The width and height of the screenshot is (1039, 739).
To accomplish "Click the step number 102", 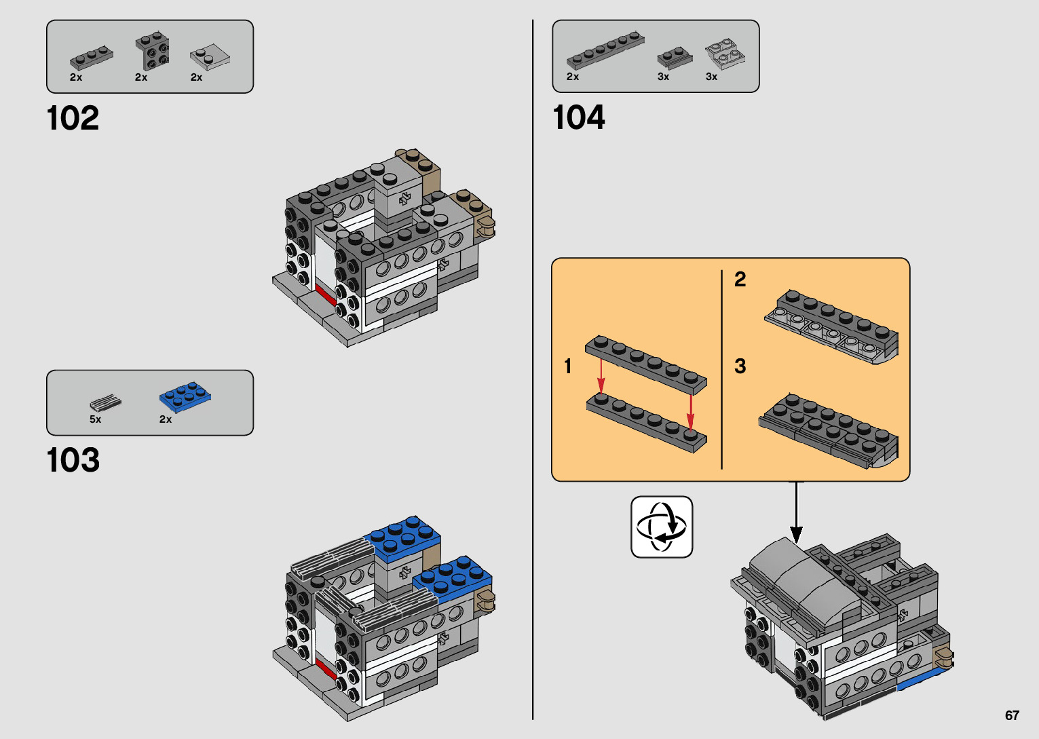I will click(x=73, y=119).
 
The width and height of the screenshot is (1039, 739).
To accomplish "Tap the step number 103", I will click(x=73, y=461).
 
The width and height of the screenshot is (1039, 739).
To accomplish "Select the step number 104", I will click(x=578, y=118).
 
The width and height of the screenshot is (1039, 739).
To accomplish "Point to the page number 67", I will click(x=1012, y=715).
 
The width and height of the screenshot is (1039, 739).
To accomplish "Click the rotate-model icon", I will click(x=662, y=527).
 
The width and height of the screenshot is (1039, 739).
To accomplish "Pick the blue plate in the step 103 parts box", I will click(x=185, y=396).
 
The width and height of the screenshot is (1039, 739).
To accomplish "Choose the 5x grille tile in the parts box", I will click(x=106, y=402).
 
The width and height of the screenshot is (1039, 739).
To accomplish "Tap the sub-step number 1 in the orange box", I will click(x=568, y=366).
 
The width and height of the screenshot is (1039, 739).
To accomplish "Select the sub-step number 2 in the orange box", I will click(x=740, y=279).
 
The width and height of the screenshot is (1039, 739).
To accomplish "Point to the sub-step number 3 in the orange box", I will click(x=740, y=366).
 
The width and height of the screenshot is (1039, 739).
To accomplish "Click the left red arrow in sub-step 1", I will click(x=601, y=377).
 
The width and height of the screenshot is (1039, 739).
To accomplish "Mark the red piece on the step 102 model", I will click(x=325, y=295).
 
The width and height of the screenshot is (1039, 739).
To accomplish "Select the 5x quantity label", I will click(x=95, y=419).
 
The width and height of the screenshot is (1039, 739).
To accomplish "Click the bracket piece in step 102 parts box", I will click(x=153, y=51).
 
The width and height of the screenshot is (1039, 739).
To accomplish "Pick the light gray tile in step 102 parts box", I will click(x=210, y=58).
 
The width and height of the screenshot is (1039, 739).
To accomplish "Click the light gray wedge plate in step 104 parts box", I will click(x=724, y=54).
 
